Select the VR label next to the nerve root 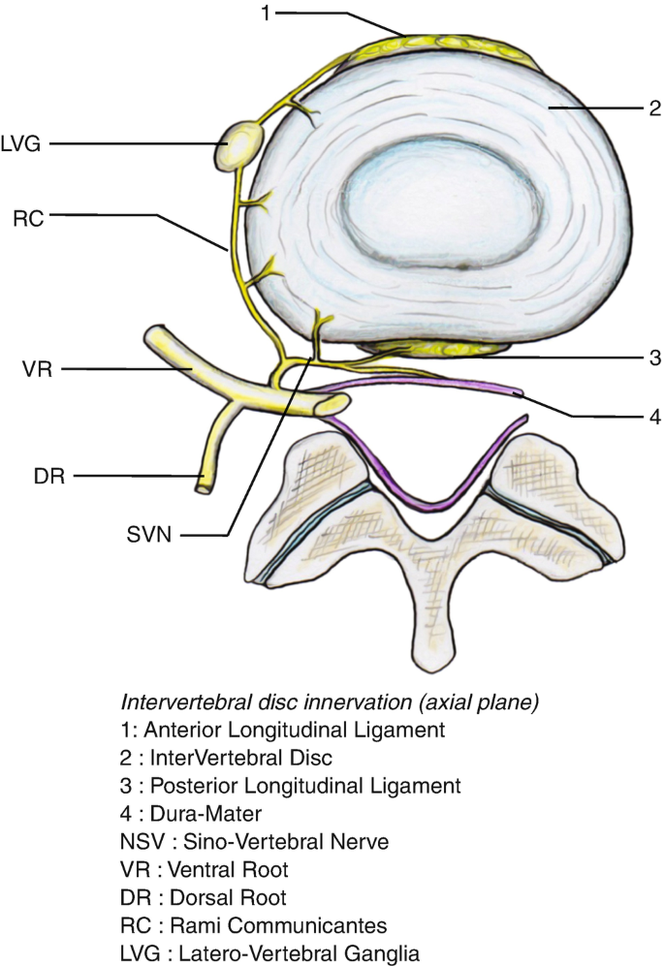click(x=26, y=369)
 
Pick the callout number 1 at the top click(x=264, y=14)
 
